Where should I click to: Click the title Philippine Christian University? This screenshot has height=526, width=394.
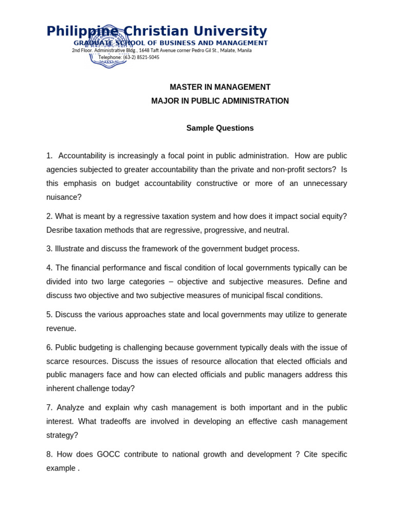156,31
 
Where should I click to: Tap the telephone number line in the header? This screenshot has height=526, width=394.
129,58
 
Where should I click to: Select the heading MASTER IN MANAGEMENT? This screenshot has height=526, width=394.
220,87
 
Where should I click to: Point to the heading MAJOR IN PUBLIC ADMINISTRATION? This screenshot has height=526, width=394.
220,101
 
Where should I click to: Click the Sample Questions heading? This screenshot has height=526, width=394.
220,128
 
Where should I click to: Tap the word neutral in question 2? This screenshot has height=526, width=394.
276,230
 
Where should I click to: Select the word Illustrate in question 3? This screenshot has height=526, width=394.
70,249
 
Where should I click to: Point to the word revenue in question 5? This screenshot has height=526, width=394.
60,329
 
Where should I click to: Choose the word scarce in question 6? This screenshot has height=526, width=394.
60,362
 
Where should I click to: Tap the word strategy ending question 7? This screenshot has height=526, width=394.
61,436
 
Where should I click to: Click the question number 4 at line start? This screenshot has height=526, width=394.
49,268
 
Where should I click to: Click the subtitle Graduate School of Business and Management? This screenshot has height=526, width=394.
170,43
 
